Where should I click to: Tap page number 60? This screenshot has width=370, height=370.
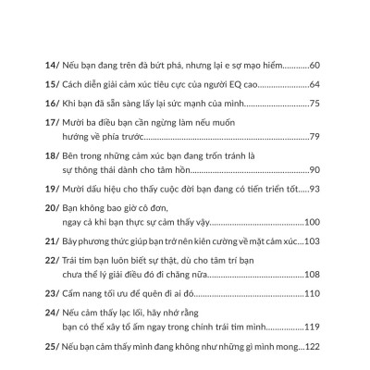click(314, 67)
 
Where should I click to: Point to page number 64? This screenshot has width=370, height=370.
click(314, 85)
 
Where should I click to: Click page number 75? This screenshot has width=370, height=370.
click(314, 104)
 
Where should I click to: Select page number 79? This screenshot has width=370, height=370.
click(314, 137)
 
